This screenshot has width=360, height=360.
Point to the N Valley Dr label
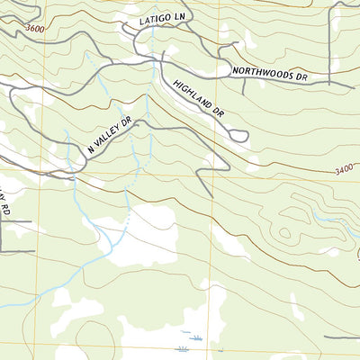click(x=110, y=134)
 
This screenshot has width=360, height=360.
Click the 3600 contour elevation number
click(x=35, y=30)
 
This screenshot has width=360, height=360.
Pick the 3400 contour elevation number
click(x=345, y=169)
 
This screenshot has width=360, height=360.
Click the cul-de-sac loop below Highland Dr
click(x=238, y=136)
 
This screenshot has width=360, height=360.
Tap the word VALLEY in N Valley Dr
click(x=113, y=131)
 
